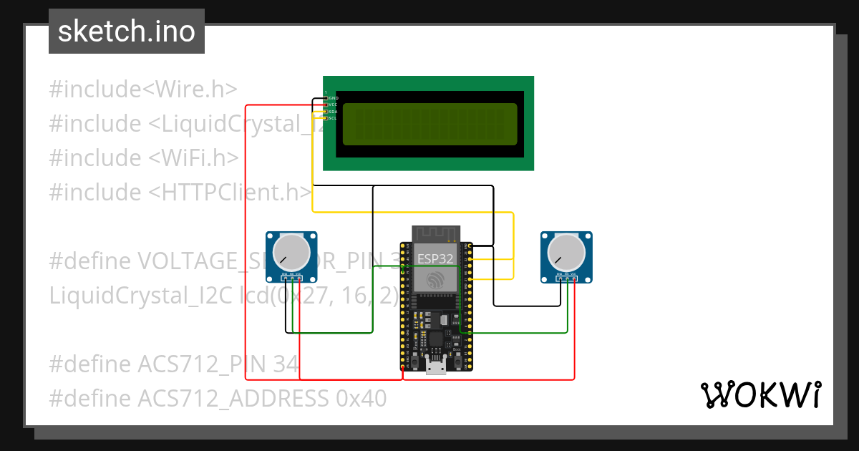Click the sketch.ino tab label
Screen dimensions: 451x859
click(x=126, y=31)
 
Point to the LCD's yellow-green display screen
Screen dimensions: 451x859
click(x=429, y=124)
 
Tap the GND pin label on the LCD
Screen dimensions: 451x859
click(x=333, y=97)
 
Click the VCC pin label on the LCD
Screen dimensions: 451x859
click(x=333, y=105)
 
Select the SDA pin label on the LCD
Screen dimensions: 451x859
click(x=333, y=111)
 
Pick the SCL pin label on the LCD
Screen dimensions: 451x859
click(x=333, y=118)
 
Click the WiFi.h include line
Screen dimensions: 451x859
click(x=143, y=158)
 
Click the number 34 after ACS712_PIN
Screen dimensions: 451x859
click(x=286, y=364)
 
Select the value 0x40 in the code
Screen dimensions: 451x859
click(x=361, y=398)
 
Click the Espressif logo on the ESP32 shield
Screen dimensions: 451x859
click(x=435, y=281)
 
